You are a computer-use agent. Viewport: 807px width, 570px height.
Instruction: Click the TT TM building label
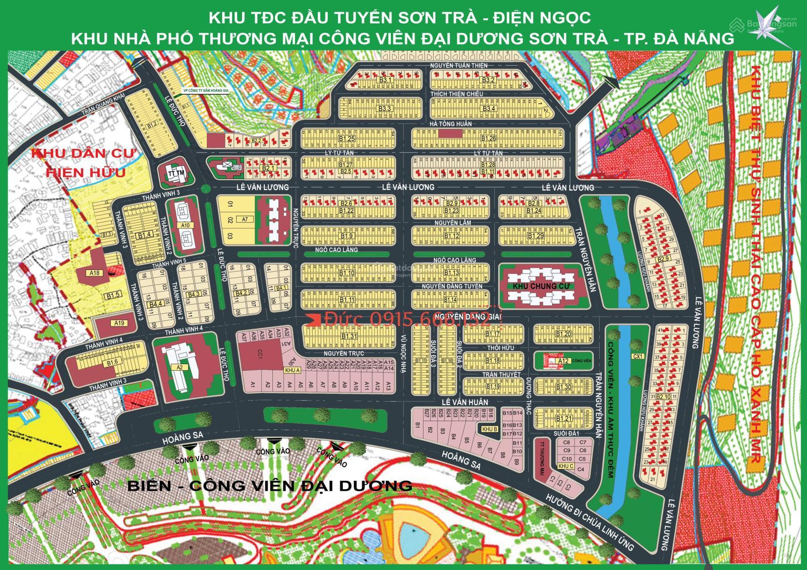[x=174, y=174]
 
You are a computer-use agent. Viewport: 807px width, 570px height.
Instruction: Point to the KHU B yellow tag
[x=490, y=429]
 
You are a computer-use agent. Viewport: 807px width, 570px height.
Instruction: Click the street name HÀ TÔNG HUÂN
[x=450, y=124]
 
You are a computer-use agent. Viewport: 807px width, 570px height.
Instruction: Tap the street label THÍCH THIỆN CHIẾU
[x=456, y=94]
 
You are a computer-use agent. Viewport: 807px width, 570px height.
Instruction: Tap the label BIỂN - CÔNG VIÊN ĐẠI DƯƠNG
[x=269, y=485]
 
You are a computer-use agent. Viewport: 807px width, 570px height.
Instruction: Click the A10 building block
[x=185, y=225]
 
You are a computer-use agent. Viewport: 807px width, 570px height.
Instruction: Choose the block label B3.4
[x=489, y=108]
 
